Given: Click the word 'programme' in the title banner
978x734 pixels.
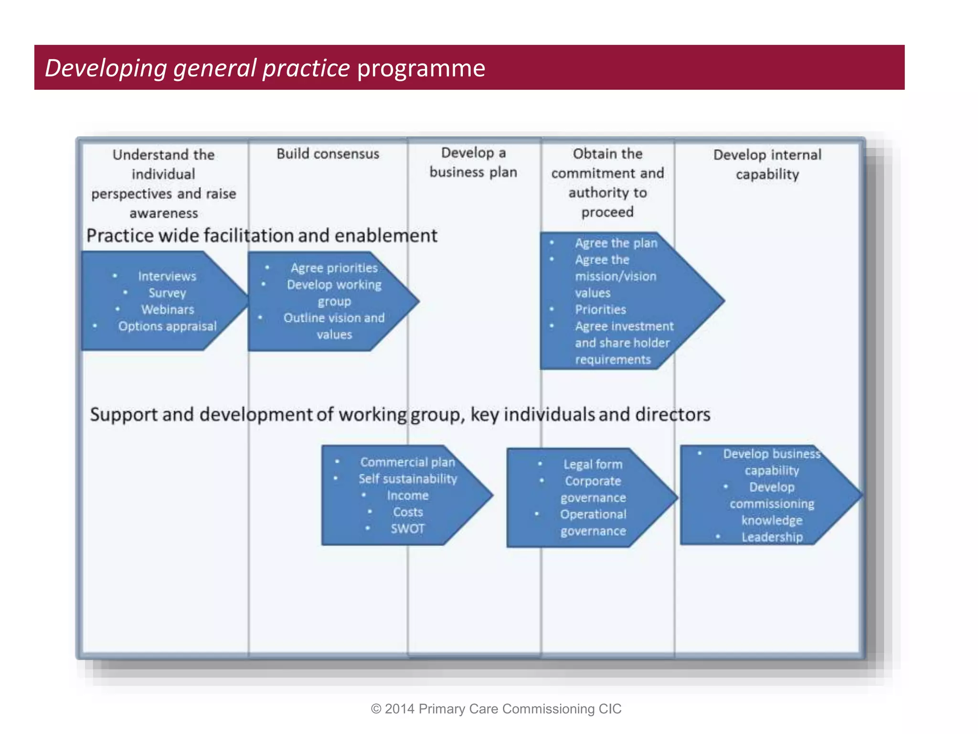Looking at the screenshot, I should (421, 68).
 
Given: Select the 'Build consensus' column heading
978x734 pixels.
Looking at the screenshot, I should (328, 154).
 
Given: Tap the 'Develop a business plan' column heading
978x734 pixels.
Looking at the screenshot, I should (473, 162).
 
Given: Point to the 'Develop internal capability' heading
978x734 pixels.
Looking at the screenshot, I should (767, 164).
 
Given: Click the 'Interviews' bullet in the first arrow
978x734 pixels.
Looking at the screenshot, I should (167, 276).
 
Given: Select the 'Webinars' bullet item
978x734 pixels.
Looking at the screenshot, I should (168, 310).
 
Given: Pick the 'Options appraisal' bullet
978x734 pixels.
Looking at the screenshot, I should (167, 326).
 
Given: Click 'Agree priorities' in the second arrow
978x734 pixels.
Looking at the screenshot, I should (334, 268).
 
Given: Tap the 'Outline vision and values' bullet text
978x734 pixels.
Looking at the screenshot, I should (334, 326).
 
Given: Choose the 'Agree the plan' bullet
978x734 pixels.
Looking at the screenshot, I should (616, 243).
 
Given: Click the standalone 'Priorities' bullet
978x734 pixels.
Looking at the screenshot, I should (600, 310).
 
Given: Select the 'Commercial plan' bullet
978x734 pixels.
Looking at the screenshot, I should (407, 462).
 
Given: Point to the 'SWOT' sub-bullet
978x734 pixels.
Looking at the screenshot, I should (407, 529).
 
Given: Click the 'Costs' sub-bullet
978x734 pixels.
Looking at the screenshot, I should (408, 512).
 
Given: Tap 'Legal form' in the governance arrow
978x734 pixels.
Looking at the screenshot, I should (593, 464).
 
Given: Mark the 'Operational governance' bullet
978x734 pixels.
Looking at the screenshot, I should (593, 522).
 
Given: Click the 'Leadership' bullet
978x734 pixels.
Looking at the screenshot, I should (772, 537).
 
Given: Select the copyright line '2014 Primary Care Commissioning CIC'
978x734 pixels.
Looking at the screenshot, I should (497, 709).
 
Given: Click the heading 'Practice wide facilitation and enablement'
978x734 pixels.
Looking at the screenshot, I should (262, 236).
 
